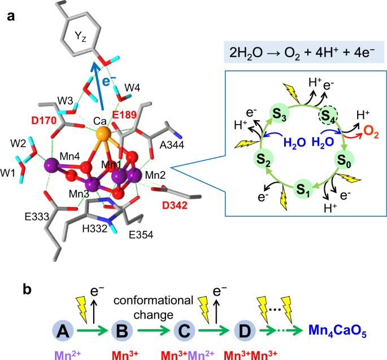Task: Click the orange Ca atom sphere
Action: tap(102, 134)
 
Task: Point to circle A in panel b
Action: tap(64, 330)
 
